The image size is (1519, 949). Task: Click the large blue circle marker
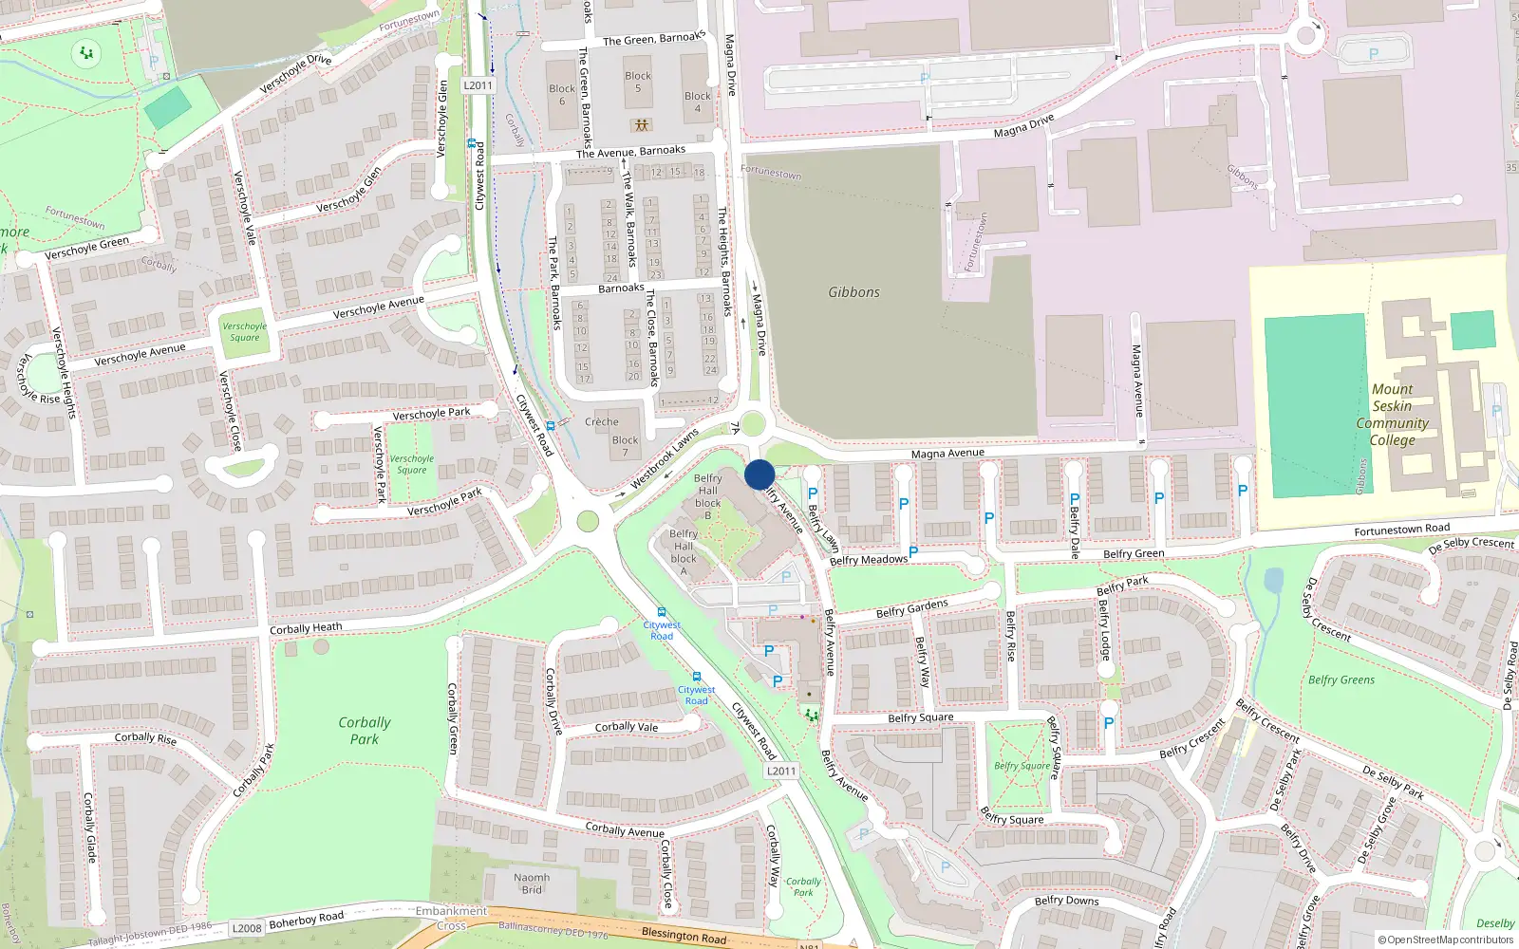759,474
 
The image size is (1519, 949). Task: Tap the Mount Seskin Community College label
1392,415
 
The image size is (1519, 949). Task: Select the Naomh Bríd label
532,884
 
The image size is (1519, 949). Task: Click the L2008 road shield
247,928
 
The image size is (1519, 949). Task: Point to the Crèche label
601,422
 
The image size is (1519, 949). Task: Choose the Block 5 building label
638,82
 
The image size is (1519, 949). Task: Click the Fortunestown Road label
1401,530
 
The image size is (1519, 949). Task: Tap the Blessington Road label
684,936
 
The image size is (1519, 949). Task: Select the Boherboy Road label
306,920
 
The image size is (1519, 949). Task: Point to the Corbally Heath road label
306,628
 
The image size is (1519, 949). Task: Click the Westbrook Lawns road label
664,460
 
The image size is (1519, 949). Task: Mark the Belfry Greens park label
1341,679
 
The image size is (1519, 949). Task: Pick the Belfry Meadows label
868,560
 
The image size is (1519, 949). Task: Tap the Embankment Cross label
451,918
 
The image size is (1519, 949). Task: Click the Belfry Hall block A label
684,552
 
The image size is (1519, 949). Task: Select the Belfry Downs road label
1066,901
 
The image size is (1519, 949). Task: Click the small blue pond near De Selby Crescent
1273,580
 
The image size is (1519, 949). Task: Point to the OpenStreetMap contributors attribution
1445,940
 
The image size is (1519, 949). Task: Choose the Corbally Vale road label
626,727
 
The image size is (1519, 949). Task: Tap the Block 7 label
625,446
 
